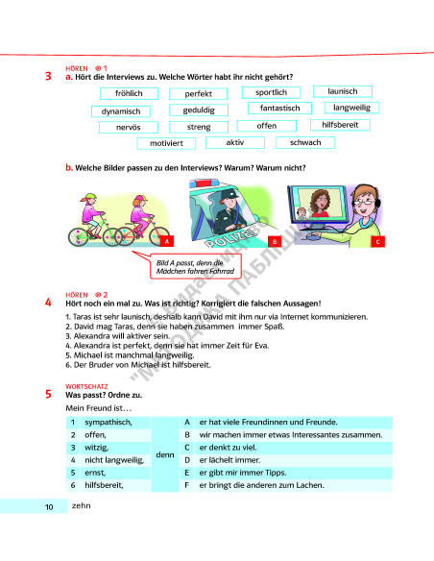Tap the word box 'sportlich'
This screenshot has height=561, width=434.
click(271, 92)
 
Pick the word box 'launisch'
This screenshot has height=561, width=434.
click(342, 91)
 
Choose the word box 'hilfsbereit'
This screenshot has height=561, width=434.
click(340, 125)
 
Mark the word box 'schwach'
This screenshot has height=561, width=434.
click(305, 142)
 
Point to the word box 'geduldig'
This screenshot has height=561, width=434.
click(199, 110)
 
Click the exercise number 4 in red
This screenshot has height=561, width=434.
click(48, 303)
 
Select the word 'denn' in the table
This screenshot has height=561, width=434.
click(164, 453)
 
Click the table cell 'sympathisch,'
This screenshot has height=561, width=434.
click(107, 423)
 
